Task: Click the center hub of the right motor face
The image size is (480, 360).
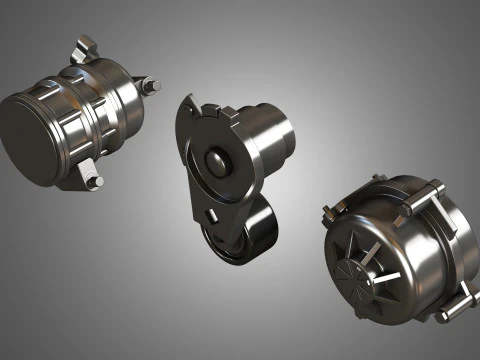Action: click(x=359, y=272)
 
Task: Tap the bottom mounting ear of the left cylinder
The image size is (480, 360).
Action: click(x=80, y=171)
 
